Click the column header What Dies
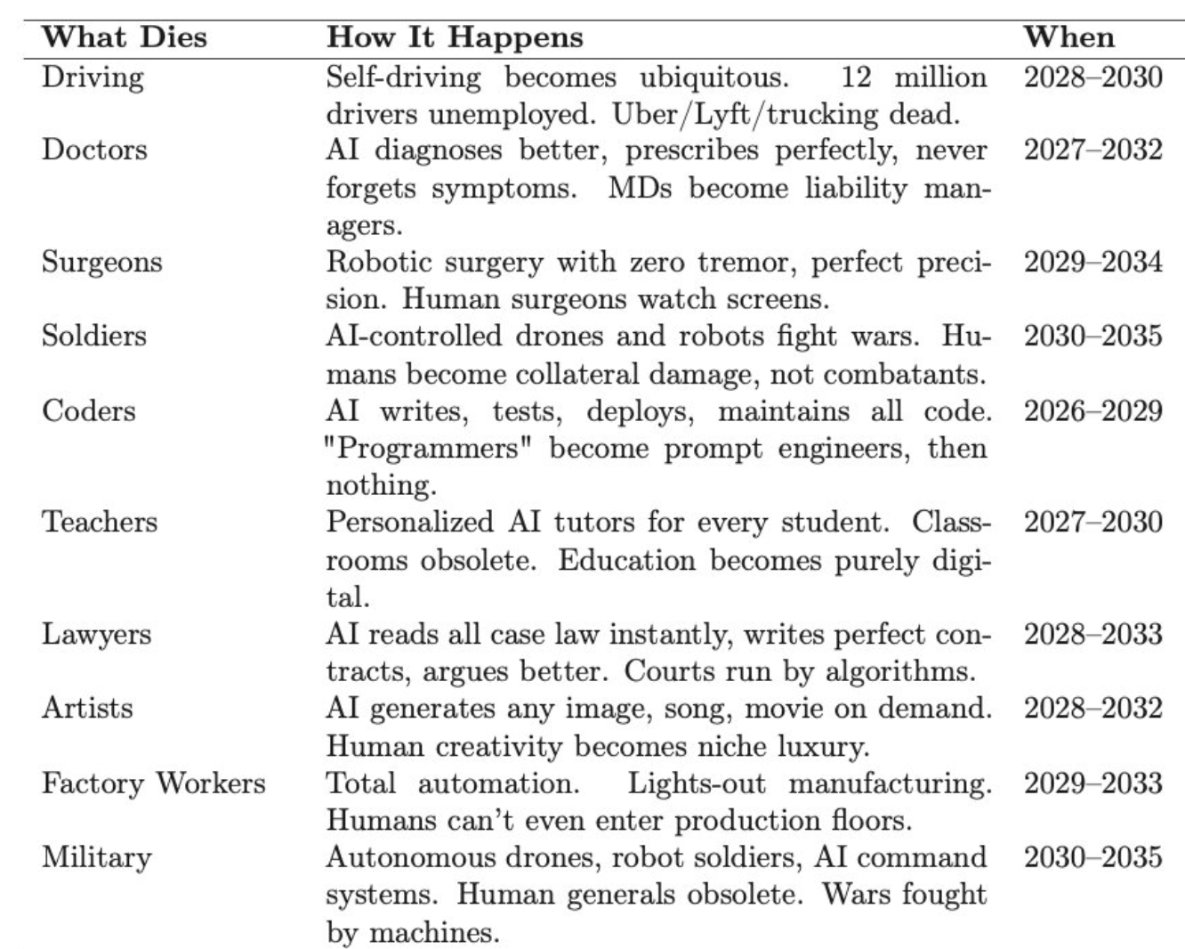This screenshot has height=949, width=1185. tap(124, 36)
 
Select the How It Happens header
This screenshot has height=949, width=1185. tap(455, 36)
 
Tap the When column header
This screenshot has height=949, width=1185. tap(1068, 36)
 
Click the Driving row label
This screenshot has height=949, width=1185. tap(93, 77)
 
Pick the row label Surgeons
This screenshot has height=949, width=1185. tap(101, 263)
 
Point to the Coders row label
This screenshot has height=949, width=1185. tap(89, 411)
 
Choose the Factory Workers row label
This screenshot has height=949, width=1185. tap(154, 783)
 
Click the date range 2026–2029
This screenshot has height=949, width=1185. tap(1092, 411)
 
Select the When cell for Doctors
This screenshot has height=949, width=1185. tap(1092, 150)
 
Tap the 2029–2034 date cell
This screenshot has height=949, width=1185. tap(1092, 263)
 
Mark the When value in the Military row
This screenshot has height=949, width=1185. tap(1092, 857)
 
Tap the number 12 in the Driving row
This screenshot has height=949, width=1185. tap(856, 77)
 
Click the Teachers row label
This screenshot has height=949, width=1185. tap(100, 522)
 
